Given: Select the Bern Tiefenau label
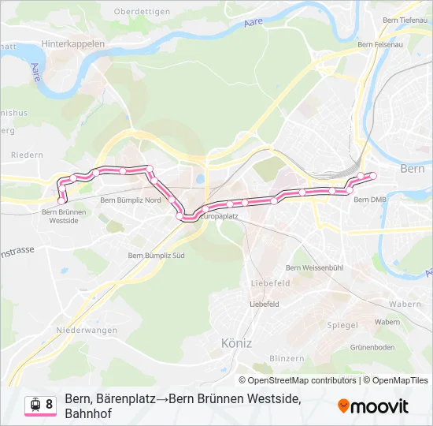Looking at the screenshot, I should pyautogui.click(x=404, y=20).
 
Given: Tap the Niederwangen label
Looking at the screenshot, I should pyautogui.click(x=87, y=330).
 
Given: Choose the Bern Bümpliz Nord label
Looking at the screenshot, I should pyautogui.click(x=131, y=200).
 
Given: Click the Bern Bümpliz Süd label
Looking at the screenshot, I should pyautogui.click(x=156, y=256).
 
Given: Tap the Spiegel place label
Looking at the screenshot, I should pyautogui.click(x=342, y=324).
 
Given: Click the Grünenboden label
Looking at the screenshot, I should pyautogui.click(x=372, y=347).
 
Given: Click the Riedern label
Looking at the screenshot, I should pyautogui.click(x=27, y=155).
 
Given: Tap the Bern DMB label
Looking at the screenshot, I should pyautogui.click(x=370, y=200).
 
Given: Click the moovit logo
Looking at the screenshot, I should pyautogui.click(x=373, y=406).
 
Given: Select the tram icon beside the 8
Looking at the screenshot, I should pyautogui.click(x=35, y=405).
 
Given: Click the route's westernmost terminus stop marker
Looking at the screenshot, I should pyautogui.click(x=61, y=200).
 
